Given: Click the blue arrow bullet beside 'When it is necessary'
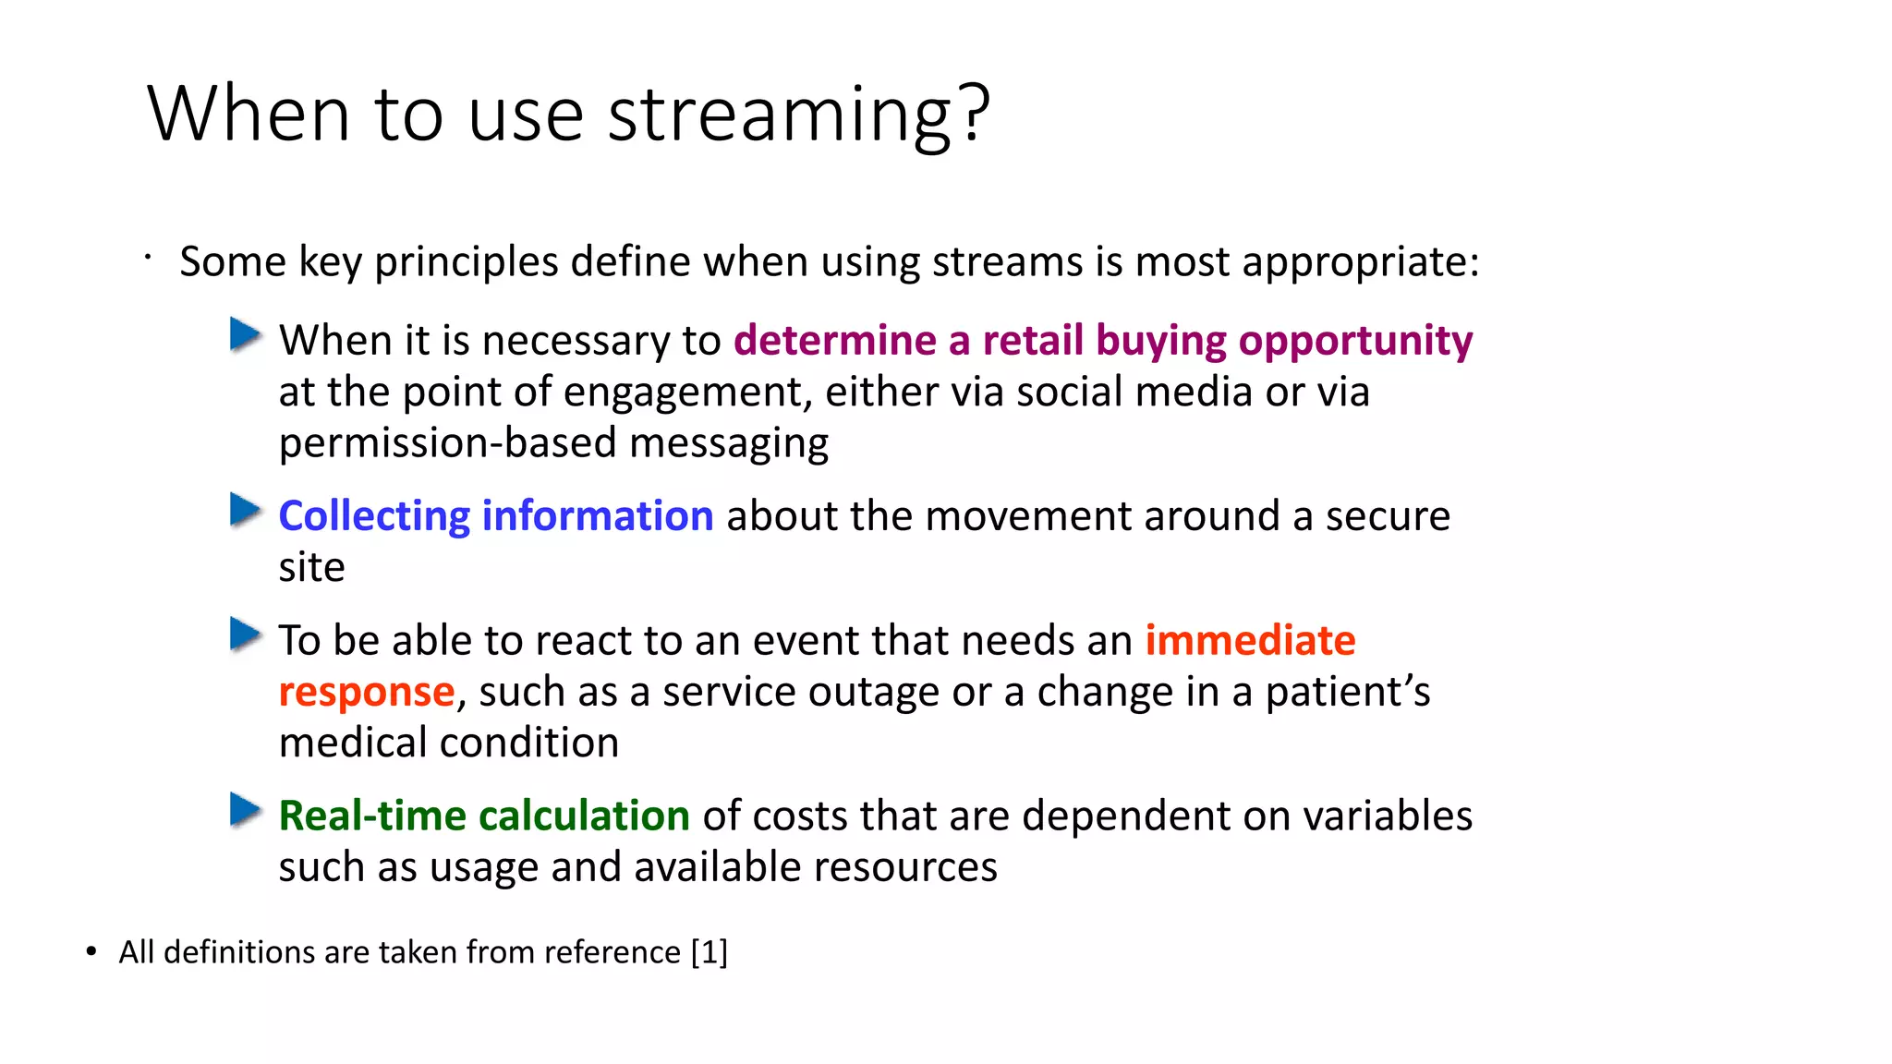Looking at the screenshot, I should coord(245,334).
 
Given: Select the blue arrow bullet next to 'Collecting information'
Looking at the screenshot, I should coord(245,510).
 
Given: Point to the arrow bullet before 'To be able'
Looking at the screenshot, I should coord(245,635).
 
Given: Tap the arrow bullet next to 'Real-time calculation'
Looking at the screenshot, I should coord(245,810).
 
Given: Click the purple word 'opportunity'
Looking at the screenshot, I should coord(1355,341).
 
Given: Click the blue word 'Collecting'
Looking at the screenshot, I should coord(374,516).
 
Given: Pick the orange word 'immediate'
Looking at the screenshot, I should coord(1250,640).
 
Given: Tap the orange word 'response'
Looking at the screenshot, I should coord(367,692).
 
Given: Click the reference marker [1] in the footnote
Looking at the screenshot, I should coord(709,952).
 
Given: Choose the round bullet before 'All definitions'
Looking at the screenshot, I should coord(91,952).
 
